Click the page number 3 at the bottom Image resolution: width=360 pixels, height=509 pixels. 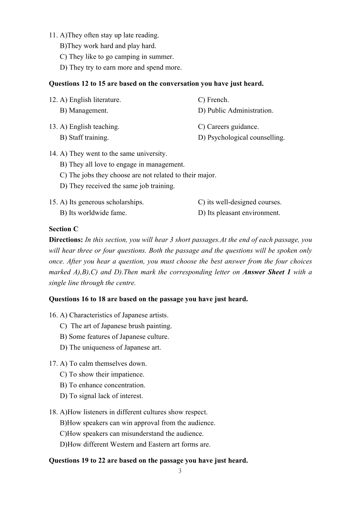tap(180, 471)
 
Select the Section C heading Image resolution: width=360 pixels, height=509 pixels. tap(63, 229)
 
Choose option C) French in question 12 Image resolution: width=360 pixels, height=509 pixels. tap(213, 100)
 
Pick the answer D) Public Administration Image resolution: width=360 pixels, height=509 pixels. tap(235, 111)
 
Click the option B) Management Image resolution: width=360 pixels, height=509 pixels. tap(84, 111)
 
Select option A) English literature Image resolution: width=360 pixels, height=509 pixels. tap(90, 100)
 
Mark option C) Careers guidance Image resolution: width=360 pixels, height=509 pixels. tap(228, 127)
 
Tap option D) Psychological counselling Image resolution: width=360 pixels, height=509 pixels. tap(241, 138)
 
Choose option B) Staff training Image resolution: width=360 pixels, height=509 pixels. tap(84, 138)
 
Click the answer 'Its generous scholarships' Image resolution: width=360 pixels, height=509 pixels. tap(102, 202)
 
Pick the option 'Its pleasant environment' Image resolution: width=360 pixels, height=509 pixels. tap(239, 213)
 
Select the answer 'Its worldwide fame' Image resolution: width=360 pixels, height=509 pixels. tap(93, 213)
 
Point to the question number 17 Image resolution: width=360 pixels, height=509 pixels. tap(53, 364)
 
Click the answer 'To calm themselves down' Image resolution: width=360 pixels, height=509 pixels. tap(103, 364)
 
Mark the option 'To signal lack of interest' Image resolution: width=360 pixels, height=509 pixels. tap(101, 396)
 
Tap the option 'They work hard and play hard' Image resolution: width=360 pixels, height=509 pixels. tap(108, 46)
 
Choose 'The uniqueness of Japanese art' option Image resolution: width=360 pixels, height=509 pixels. tap(110, 348)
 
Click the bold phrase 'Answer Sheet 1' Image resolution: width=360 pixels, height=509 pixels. tap(266, 272)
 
